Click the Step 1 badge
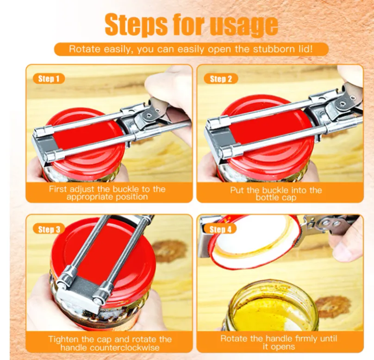click(49, 79)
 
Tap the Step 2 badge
click(221, 79)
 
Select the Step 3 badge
click(49, 229)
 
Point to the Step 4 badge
click(220, 229)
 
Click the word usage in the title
click(244, 25)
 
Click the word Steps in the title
click(136, 25)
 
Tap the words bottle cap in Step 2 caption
click(276, 197)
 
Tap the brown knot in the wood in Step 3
click(169, 251)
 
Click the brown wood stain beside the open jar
click(332, 307)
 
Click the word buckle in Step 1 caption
click(126, 189)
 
